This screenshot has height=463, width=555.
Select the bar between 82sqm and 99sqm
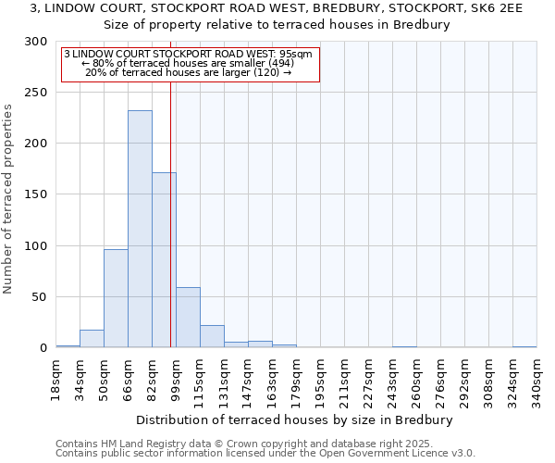point(164,259)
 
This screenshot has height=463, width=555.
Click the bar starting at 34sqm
point(92,339)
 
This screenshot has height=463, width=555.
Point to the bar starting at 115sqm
point(212,336)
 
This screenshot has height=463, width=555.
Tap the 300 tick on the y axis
point(36,42)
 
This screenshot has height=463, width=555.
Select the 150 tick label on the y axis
point(36,194)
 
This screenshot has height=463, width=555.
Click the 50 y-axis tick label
point(40,297)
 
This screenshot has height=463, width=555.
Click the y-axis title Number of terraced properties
point(8,198)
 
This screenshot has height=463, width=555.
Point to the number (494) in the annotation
point(277,63)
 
